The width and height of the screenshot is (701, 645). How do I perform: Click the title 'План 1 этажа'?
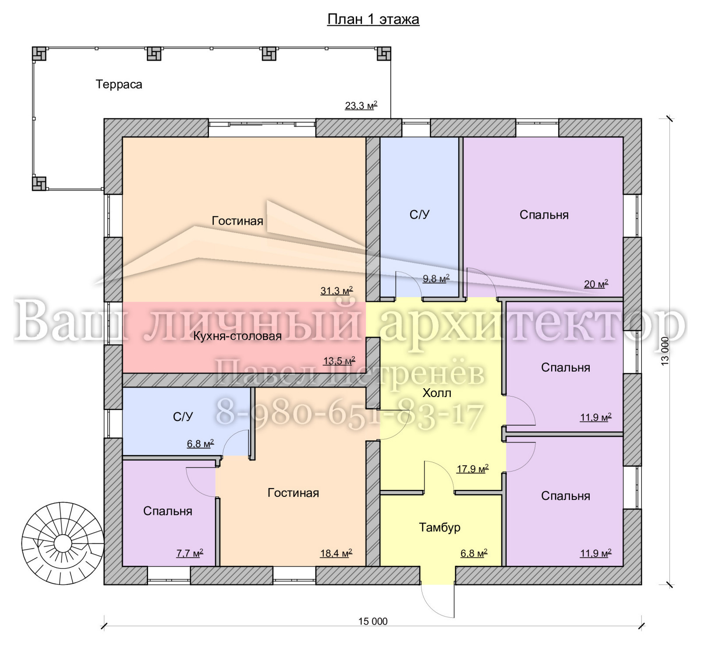373,19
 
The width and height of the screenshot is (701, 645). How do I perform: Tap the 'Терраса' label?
119,84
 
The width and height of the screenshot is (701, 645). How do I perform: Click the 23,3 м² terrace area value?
361,106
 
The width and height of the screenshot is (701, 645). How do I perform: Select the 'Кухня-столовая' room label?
237,336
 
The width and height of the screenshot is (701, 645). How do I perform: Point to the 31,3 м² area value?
336,291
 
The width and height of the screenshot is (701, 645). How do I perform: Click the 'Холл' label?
437,393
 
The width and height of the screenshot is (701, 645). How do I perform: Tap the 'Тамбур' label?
439,527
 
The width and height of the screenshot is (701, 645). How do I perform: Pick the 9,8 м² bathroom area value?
436,279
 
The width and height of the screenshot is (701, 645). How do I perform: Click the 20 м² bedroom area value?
596,284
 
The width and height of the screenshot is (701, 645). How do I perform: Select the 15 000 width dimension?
373,621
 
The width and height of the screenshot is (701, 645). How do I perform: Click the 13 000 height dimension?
665,351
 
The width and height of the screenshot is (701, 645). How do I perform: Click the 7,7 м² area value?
190,553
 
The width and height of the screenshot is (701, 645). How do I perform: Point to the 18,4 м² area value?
336,553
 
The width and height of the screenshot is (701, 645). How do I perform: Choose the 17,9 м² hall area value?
473,469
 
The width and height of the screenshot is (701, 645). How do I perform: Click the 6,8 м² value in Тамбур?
474,553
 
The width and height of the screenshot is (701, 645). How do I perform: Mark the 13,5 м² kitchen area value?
339,361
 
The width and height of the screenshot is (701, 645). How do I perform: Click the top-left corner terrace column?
39,54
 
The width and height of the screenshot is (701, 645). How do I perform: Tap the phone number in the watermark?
350,414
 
